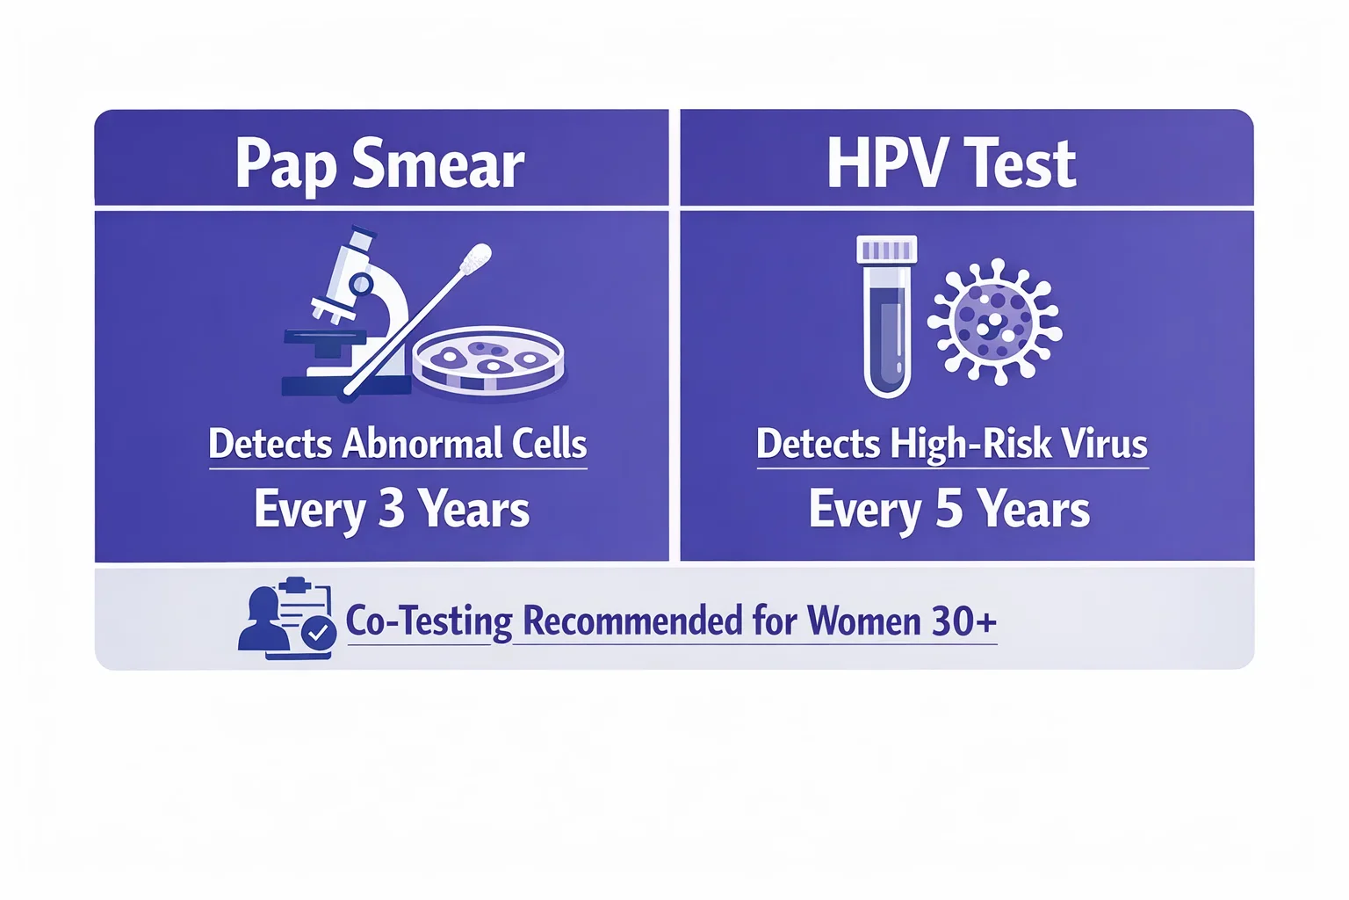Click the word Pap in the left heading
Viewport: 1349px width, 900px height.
pos(286,165)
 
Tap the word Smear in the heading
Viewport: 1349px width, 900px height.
pos(437,165)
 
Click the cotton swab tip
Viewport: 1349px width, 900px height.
pos(476,258)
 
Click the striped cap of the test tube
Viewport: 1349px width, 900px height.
pos(887,250)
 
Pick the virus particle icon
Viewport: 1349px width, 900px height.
pos(994,322)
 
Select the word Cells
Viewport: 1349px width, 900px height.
pos(550,444)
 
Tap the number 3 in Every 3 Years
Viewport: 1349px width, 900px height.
pos(391,509)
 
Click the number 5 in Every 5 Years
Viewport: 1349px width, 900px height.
pos(949,509)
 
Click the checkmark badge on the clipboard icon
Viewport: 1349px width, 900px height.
pos(318,632)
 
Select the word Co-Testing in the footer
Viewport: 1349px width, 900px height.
pos(429,621)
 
